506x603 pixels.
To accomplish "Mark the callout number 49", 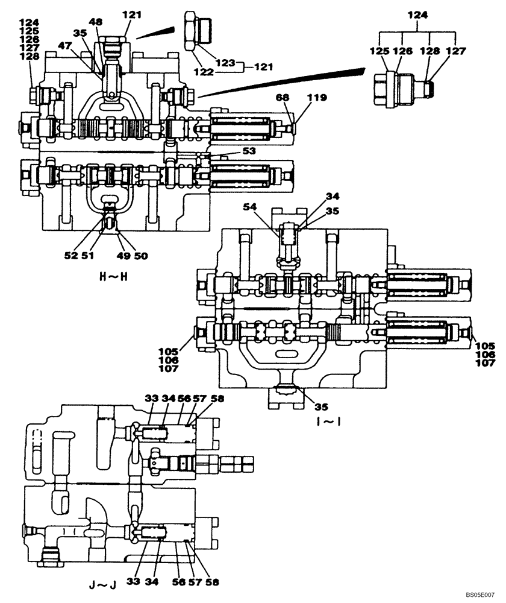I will tap(123, 255).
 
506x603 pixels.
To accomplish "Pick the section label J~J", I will tap(100, 584).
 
